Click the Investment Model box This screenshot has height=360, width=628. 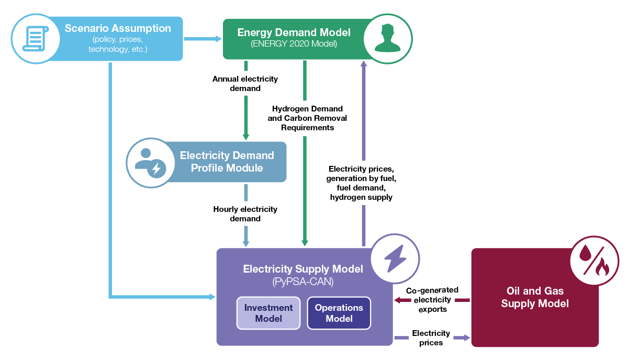point(268,313)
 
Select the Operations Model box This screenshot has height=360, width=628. point(339,313)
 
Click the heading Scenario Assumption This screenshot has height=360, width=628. point(118,28)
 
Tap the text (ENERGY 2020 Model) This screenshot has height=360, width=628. point(294,44)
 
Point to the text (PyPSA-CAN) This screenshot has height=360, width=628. point(302,282)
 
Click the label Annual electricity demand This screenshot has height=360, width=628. point(245,84)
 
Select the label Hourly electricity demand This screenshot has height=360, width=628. point(245,213)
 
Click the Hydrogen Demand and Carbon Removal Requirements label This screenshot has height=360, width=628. point(307,118)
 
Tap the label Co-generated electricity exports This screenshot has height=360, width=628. point(432,299)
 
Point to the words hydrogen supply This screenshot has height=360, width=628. point(361,197)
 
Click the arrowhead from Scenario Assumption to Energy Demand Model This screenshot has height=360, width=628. point(218,38)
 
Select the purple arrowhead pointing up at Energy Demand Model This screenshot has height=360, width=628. point(363,63)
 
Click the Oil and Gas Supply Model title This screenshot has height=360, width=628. point(534,297)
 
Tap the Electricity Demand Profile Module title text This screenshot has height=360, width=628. point(227,162)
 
